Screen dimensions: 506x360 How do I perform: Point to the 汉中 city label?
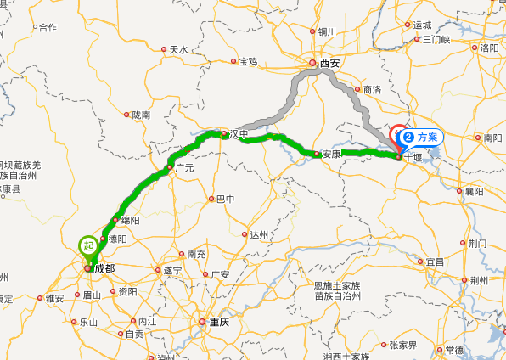click(242, 134)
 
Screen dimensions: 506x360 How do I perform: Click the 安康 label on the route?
click(331, 155)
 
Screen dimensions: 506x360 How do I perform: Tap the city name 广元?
click(184, 168)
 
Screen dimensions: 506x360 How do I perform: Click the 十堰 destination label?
click(413, 157)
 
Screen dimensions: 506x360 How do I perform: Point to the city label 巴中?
click(225, 200)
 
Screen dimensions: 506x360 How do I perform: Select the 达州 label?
click(258, 234)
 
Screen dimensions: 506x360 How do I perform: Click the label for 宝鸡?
click(248, 61)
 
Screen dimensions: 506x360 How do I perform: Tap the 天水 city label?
click(178, 49)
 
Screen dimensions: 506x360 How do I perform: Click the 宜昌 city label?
click(435, 262)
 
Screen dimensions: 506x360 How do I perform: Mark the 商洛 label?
click(372, 89)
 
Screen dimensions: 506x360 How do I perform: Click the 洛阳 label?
click(489, 48)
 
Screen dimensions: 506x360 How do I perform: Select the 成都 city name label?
click(104, 268)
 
